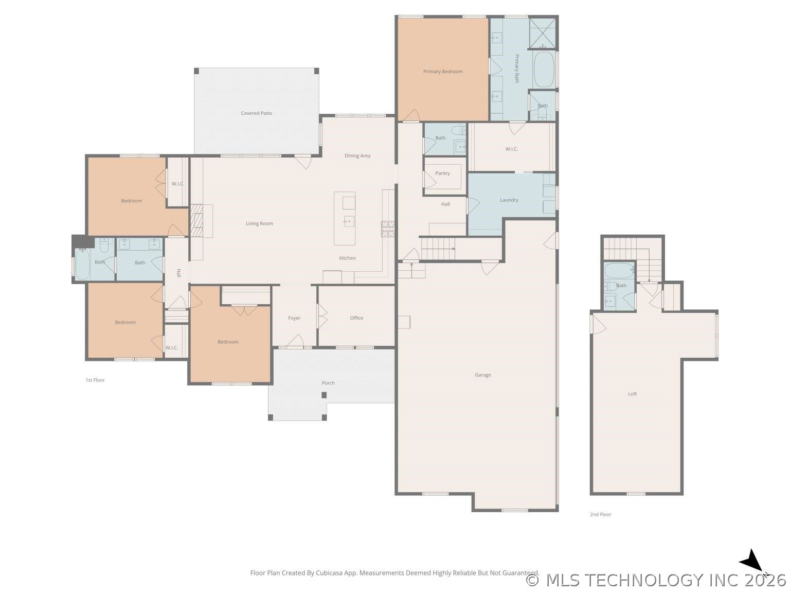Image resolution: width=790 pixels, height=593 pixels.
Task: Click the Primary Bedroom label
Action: click(x=443, y=72)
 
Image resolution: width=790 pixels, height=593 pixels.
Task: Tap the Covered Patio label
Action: click(x=256, y=113)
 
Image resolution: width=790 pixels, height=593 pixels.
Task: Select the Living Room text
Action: click(x=259, y=223)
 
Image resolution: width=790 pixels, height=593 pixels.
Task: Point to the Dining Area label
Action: click(x=357, y=156)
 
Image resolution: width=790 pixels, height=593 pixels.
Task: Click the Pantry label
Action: click(x=442, y=173)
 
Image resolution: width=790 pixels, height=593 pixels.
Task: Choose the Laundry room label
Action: click(x=509, y=200)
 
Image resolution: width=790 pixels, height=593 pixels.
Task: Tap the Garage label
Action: click(x=482, y=375)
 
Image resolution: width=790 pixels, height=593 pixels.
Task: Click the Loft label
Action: click(x=632, y=394)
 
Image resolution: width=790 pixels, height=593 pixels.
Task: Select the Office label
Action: click(x=356, y=318)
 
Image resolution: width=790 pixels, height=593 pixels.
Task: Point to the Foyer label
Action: click(x=294, y=318)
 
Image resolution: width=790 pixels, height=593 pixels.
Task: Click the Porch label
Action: click(x=328, y=383)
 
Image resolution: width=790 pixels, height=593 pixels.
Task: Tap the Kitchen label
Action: click(x=347, y=258)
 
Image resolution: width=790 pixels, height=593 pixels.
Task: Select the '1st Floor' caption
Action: click(x=95, y=380)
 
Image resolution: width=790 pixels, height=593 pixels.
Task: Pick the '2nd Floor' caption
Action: click(x=600, y=515)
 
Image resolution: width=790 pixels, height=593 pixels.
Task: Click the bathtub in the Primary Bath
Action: click(x=544, y=70)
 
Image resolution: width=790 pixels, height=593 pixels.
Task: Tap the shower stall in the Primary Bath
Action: click(x=543, y=33)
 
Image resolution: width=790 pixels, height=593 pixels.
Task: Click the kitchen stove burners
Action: click(x=388, y=229)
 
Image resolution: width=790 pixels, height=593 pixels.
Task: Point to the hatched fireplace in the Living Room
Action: click(x=196, y=221)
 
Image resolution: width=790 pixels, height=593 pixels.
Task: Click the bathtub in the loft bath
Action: click(x=619, y=270)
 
